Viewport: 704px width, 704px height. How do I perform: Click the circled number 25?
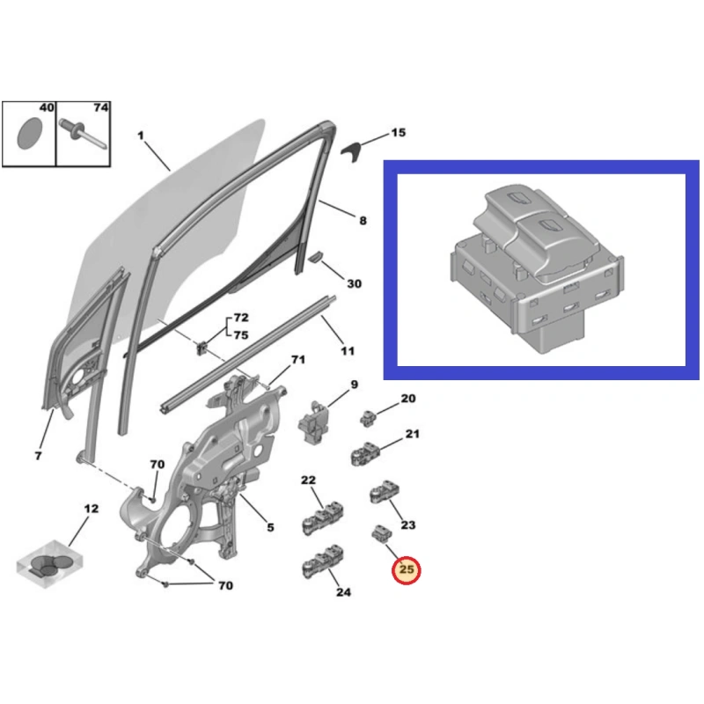[406, 569]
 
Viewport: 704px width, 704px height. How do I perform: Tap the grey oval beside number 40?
[30, 134]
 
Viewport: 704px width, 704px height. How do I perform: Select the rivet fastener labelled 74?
[83, 133]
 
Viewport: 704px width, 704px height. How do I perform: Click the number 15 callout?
[399, 133]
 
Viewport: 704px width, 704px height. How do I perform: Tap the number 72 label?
[241, 318]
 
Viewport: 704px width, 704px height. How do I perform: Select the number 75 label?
[241, 335]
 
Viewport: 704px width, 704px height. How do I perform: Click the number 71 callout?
[298, 360]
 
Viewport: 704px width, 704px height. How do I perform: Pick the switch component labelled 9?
[313, 422]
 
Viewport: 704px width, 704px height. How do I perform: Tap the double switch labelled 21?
[365, 454]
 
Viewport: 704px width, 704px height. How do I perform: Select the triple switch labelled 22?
[323, 518]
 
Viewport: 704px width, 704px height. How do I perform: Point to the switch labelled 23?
[385, 492]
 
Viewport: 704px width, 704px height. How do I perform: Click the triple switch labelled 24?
[323, 561]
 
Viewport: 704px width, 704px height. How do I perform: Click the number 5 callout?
[270, 527]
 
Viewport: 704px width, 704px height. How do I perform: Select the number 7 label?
[38, 456]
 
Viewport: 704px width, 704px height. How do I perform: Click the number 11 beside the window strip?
[348, 351]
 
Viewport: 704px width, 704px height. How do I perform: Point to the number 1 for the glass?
[141, 136]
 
